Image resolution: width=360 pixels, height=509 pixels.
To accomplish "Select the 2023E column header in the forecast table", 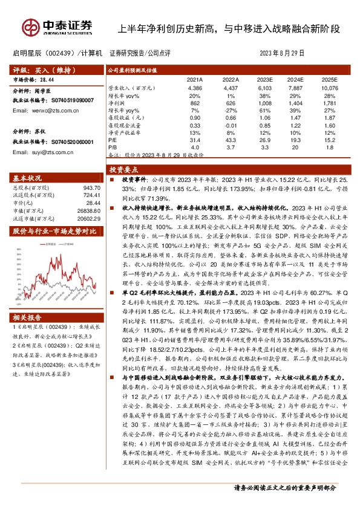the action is [264, 79].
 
